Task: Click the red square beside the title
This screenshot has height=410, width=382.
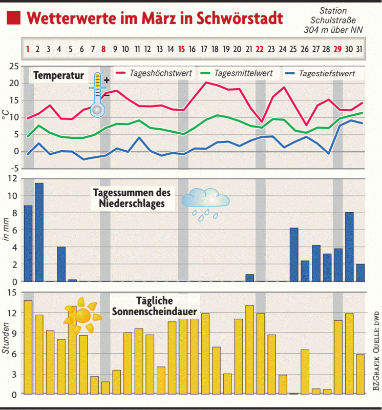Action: pos(15,18)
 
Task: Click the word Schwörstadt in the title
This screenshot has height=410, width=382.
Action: pos(240,18)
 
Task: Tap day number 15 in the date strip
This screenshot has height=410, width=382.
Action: pos(182,50)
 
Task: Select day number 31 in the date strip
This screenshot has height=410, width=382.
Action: pos(360,50)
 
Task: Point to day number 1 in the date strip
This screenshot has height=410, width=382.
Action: pos(28,50)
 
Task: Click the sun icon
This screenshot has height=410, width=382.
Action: pos(81,317)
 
